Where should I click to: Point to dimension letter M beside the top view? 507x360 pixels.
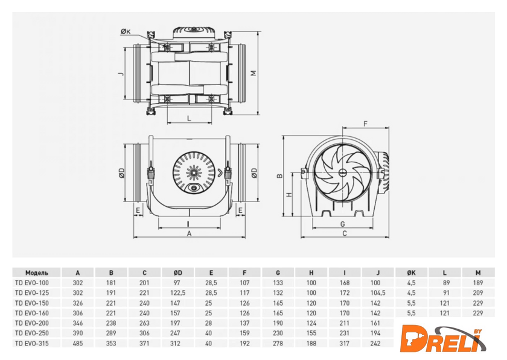(254, 74)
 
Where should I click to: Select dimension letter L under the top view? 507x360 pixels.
(189, 118)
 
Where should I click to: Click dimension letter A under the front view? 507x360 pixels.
(189, 233)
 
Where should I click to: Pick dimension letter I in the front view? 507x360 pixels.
(189, 222)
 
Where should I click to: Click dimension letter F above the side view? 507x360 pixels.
(365, 124)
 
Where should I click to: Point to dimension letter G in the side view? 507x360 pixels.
(342, 223)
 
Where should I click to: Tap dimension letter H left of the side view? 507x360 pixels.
(289, 195)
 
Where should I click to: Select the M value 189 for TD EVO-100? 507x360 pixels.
(478, 282)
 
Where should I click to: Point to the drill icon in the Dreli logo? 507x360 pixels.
(413, 338)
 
